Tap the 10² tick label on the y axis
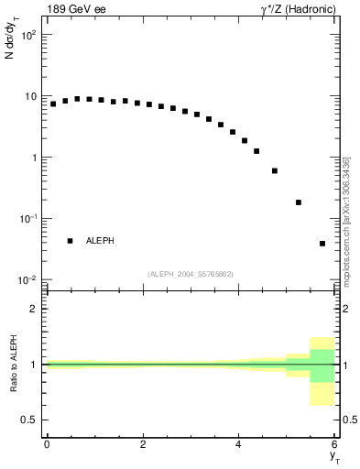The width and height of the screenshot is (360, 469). tap(28, 35)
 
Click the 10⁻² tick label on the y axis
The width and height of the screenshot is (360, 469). tap(27, 280)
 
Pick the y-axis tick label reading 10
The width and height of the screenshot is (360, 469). tap(30, 96)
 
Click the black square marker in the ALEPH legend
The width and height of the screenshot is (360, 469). tap(70, 241)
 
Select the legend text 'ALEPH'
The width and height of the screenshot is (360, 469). tap(101, 241)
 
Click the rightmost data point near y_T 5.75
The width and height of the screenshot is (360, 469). tap(322, 244)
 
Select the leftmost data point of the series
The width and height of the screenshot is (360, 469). tap(53, 104)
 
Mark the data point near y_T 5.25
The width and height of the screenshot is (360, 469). tap(299, 202)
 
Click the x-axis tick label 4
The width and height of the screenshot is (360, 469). tap(238, 444)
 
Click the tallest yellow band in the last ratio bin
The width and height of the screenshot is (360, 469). tap(322, 371)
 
